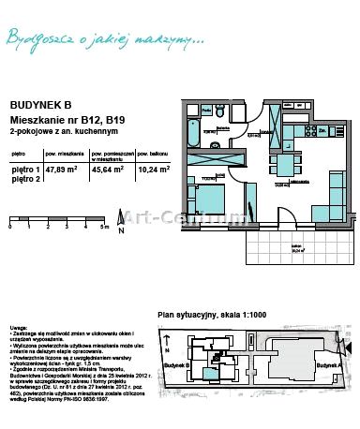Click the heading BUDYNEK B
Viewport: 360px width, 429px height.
[x=34, y=108]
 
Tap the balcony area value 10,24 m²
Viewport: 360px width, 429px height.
[x=153, y=170]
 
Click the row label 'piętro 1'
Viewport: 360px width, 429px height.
[x=24, y=170]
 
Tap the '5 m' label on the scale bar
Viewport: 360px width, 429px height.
[x=106, y=228]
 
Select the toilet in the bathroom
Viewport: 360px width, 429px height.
[x=218, y=113]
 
